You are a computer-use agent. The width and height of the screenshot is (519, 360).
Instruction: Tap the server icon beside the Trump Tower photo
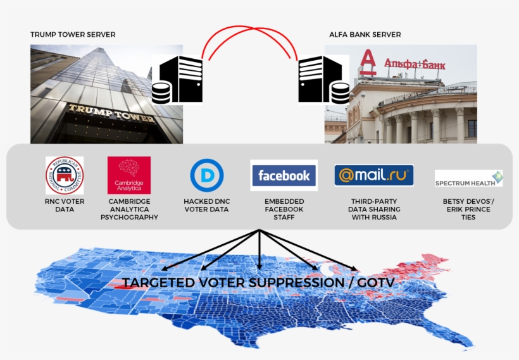coord(177,79)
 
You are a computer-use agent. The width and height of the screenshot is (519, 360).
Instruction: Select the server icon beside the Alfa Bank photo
coord(323,80)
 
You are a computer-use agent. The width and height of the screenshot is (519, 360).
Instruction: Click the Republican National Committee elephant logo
coord(65,175)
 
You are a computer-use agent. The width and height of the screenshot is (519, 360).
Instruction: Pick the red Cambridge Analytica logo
coord(129,175)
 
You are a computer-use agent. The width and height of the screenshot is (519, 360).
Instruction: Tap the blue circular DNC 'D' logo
coord(206,175)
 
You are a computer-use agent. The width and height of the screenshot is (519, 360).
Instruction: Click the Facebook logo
coord(284,175)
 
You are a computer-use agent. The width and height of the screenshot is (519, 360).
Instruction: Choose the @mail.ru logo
coord(374,175)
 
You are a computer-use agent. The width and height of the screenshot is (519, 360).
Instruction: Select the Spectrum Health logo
coord(468,178)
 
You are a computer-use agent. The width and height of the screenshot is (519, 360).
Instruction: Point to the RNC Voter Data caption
coord(65,205)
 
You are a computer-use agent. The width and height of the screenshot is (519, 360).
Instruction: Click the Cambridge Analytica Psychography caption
coord(129,209)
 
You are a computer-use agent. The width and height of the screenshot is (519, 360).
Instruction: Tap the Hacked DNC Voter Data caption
coord(206,205)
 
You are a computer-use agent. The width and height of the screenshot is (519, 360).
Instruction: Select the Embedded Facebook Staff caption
coord(284,209)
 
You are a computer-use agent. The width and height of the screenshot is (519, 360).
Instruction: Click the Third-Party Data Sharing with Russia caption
coord(374,209)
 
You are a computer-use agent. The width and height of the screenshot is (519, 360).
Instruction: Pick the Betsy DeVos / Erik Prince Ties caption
coord(468,209)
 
